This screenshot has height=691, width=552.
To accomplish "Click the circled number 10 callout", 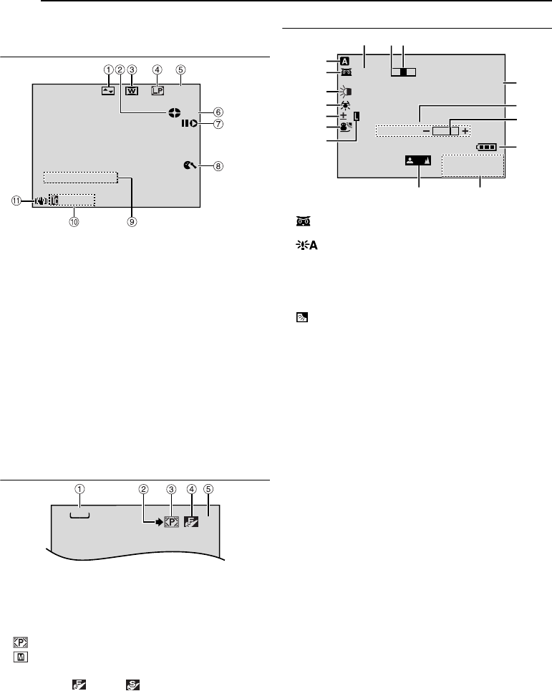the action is point(73,221).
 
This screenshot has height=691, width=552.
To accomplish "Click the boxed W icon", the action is point(132,91).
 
